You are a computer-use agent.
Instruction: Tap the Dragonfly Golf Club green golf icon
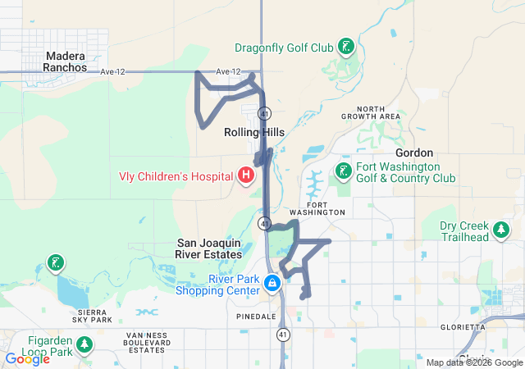click(x=347, y=47)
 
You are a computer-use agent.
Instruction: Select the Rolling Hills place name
click(x=253, y=131)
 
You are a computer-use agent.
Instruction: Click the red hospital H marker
click(x=244, y=175)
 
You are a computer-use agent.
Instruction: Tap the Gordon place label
click(x=414, y=153)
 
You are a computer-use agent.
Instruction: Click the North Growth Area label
click(x=378, y=112)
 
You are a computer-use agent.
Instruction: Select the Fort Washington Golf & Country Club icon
click(x=342, y=171)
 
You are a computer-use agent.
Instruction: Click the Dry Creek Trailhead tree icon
click(x=500, y=232)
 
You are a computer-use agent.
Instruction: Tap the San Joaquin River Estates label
click(x=211, y=248)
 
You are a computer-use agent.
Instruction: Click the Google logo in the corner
click(x=27, y=359)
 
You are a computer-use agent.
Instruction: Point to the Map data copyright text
click(x=473, y=362)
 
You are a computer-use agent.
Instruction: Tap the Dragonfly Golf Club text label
click(x=284, y=48)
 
